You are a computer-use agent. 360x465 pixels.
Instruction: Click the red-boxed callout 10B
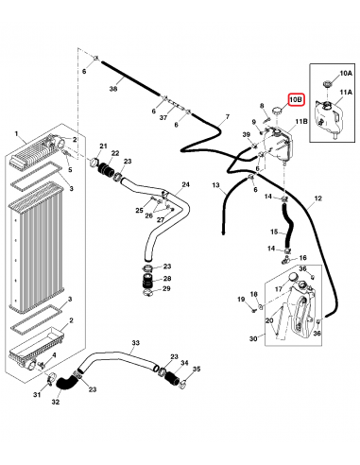click(295, 98)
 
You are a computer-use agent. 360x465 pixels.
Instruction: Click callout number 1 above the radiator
click(17, 135)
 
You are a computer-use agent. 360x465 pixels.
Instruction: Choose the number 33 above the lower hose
click(135, 342)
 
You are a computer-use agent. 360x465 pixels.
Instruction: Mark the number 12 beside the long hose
click(318, 198)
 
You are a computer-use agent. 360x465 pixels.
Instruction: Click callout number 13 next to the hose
click(215, 184)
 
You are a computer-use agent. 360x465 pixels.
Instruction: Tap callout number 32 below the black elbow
click(55, 402)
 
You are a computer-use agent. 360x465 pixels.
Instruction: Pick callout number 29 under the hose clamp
click(165, 288)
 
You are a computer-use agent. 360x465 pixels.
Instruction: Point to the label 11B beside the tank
click(301, 121)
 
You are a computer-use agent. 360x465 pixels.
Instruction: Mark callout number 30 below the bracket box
click(253, 338)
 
